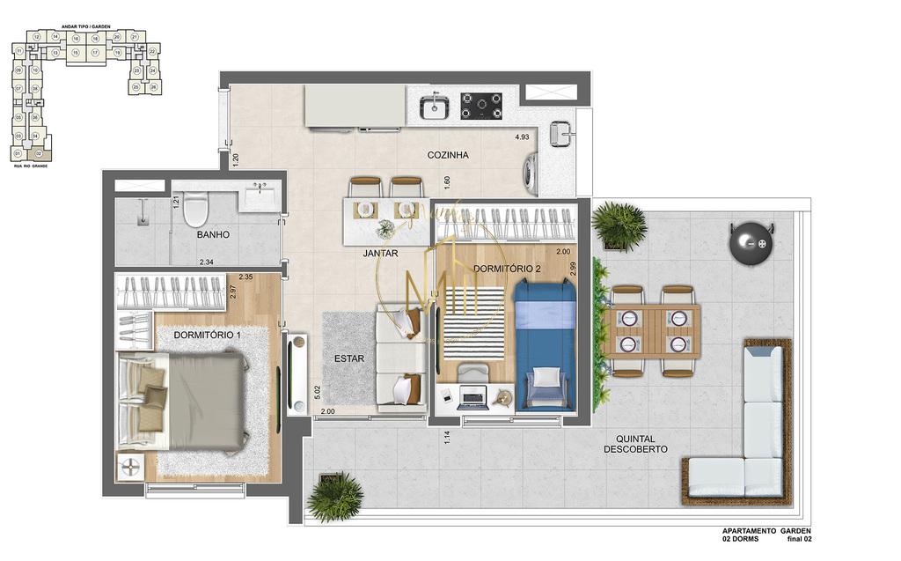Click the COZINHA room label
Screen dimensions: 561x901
(x=448, y=155)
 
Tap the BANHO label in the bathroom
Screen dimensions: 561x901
(x=213, y=234)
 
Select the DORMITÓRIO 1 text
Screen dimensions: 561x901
(x=207, y=335)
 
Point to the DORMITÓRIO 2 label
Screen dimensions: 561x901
(x=506, y=268)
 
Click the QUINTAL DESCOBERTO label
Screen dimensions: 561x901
(x=635, y=443)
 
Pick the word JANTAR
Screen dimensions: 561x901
(x=380, y=254)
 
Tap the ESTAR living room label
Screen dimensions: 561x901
(x=349, y=358)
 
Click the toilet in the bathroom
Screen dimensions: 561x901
(x=194, y=209)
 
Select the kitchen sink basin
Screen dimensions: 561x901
(x=434, y=107)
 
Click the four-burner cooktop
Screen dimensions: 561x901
(x=481, y=106)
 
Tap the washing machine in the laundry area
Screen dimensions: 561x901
(x=531, y=173)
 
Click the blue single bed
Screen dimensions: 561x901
(x=544, y=343)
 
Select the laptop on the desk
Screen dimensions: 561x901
(x=472, y=397)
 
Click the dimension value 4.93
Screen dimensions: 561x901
(x=522, y=137)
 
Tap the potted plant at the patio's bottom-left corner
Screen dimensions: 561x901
(x=335, y=498)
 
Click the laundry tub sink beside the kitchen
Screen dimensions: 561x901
(x=560, y=133)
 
